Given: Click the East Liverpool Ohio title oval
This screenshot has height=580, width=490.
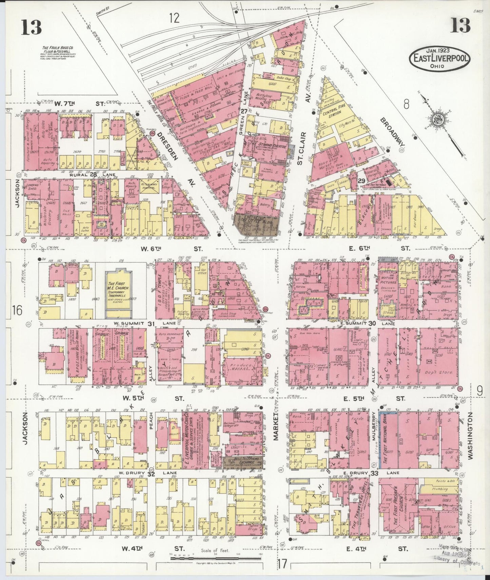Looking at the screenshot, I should click(x=439, y=58).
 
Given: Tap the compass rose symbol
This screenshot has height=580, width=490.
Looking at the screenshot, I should click(x=437, y=119).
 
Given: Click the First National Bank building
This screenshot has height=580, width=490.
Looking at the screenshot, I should click(x=388, y=440).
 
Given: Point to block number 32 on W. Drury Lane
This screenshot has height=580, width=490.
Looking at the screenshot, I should click(x=151, y=474).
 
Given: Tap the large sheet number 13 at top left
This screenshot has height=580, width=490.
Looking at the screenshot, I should click(x=32, y=27).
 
